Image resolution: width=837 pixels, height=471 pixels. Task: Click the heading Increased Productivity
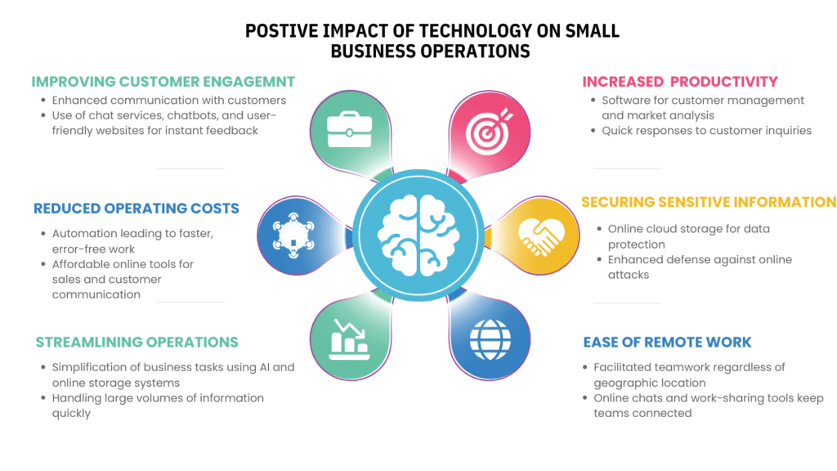tap(679, 82)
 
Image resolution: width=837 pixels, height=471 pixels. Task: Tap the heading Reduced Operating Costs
tap(137, 209)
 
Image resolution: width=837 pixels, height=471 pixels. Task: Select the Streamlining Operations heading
tap(137, 342)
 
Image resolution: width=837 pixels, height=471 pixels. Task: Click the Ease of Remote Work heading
tap(667, 342)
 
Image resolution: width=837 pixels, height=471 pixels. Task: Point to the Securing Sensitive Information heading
tap(708, 202)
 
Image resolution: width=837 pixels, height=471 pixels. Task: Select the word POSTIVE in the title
tap(276, 32)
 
